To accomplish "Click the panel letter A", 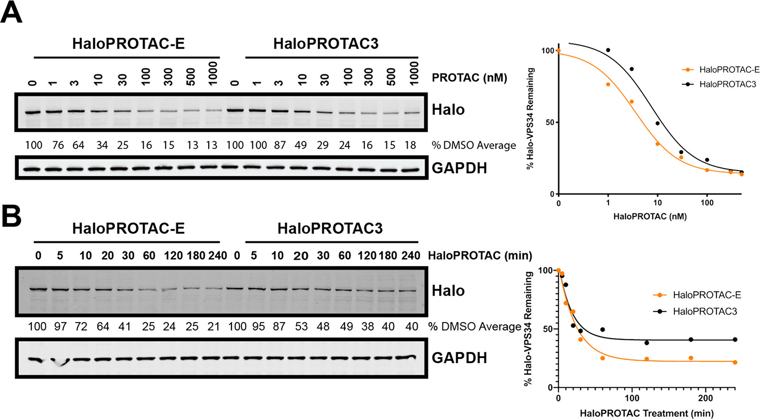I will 11,13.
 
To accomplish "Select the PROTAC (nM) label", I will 469,77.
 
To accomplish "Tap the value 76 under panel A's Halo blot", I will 58,145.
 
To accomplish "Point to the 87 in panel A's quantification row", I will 280,145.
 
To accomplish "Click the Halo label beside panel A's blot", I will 448,110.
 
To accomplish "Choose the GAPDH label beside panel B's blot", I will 459,358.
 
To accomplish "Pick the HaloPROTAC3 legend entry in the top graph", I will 727,84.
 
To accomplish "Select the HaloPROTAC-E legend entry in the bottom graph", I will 707,295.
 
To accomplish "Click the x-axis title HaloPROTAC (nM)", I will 649,216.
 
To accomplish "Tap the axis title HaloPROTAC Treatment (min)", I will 646,413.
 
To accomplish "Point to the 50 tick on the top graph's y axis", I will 549,122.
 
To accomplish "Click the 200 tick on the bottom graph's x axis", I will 706,398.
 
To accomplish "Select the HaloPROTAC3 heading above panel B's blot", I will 329,229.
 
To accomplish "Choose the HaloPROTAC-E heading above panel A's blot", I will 128,43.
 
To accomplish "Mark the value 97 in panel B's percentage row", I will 60,326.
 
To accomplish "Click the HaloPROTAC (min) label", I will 480,256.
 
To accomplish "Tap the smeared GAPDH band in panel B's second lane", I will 60,361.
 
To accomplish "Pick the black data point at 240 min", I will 735,340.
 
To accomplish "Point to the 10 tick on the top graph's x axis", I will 657,203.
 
